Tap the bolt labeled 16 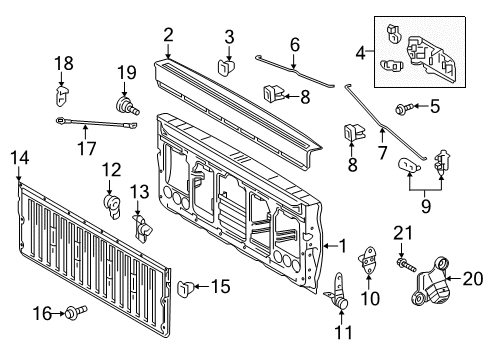point(76,314)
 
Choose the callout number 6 point(294,44)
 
